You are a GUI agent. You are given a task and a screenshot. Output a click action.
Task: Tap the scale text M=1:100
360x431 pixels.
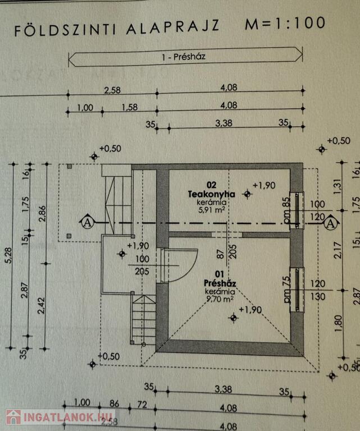285,24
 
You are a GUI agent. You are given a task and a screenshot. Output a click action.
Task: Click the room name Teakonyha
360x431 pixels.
211,194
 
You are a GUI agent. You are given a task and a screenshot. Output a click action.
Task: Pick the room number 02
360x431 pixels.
211,185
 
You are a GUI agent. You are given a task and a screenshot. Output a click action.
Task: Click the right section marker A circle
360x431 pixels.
331,223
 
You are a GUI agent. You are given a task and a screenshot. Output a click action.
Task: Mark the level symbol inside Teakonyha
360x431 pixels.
247,193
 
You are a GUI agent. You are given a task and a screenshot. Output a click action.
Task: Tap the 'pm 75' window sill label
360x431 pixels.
286,288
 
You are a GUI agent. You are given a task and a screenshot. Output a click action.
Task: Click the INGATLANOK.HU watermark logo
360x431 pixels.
60,417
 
